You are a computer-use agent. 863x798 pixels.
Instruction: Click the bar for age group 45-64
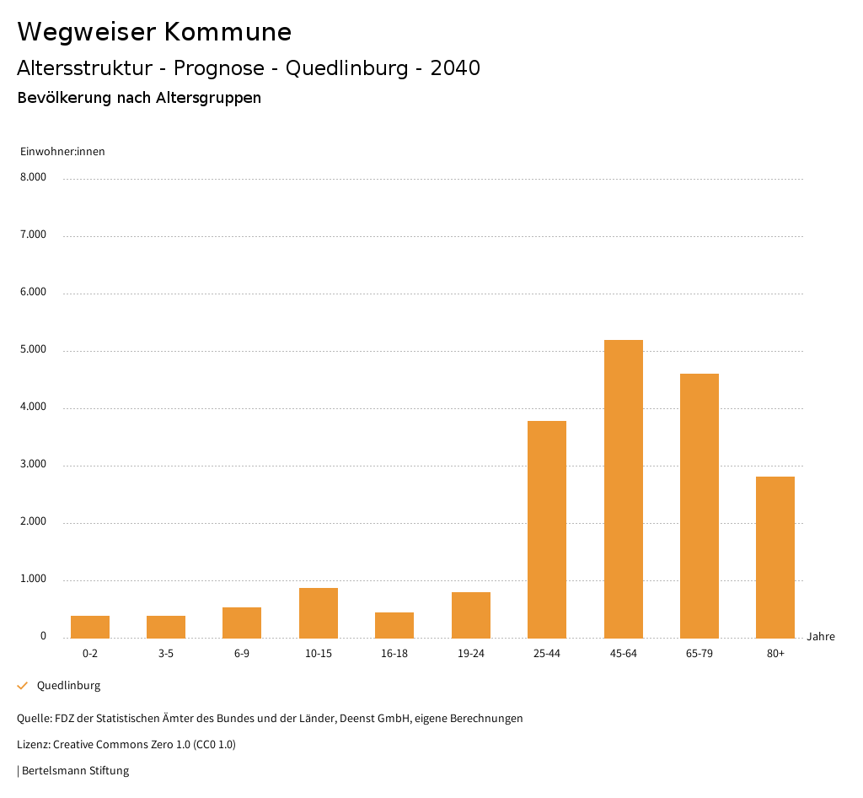(x=623, y=488)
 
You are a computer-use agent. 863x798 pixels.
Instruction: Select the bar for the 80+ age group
(x=775, y=557)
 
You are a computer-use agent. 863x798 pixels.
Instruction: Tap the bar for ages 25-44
(x=547, y=529)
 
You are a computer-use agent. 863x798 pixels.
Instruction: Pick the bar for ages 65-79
(x=700, y=505)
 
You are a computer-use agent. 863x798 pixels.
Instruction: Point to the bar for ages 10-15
(x=319, y=612)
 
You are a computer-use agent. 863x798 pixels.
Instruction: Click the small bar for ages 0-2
(x=90, y=627)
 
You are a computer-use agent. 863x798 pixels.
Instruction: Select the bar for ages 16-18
(x=394, y=625)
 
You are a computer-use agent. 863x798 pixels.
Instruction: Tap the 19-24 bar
(x=471, y=615)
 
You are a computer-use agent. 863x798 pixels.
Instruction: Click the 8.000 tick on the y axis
(x=33, y=178)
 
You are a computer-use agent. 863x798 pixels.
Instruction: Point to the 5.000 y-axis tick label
(x=33, y=350)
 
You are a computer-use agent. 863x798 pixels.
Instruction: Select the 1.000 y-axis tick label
(x=33, y=580)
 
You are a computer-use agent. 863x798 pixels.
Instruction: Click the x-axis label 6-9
(x=242, y=654)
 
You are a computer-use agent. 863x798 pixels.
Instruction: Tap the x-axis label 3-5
(x=166, y=654)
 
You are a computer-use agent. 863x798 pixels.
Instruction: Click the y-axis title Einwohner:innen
(x=62, y=152)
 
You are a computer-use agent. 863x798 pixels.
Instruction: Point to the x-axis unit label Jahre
(x=821, y=637)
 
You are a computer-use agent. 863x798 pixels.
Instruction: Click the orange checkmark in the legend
(x=23, y=686)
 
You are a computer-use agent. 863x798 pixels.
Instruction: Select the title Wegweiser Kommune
(x=154, y=32)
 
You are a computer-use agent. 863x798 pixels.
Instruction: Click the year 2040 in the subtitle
(x=455, y=68)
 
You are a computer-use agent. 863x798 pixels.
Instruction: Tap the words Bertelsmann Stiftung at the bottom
(x=75, y=771)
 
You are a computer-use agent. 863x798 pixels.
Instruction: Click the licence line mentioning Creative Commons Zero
(x=126, y=745)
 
